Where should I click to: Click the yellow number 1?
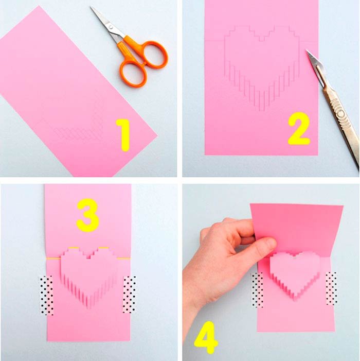[123, 135]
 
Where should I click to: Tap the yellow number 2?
[299, 128]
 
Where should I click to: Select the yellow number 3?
[87, 215]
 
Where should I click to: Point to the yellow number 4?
[205, 337]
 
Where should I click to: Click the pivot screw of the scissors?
[111, 27]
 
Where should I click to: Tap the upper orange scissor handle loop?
[153, 55]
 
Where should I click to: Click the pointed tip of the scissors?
[91, 7]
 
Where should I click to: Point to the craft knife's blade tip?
[307, 50]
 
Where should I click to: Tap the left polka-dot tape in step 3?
[47, 296]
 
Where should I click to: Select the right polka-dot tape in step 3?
[129, 295]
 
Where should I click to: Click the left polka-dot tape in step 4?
[257, 290]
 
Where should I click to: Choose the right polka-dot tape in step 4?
[332, 288]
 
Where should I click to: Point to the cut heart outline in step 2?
[262, 67]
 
